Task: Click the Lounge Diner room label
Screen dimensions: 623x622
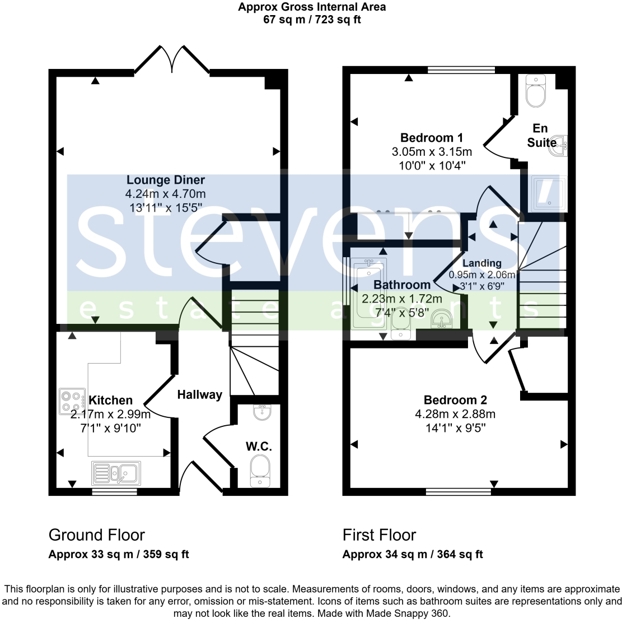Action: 165,180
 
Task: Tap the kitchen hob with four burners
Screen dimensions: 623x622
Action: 72,402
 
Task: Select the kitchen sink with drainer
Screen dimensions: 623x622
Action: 116,472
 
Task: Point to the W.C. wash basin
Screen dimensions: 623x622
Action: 261,412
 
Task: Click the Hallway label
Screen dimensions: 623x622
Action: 199,395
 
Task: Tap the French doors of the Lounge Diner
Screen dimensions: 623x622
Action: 172,59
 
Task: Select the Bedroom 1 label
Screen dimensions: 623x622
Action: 431,138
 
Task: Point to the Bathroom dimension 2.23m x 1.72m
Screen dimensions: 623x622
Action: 401,299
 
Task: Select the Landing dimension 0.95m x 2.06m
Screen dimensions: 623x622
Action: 482,275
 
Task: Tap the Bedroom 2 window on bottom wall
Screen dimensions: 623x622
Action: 458,492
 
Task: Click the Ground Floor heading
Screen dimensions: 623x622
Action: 97,535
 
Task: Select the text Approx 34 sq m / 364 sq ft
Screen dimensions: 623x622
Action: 412,555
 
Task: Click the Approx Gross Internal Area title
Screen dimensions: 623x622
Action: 312,7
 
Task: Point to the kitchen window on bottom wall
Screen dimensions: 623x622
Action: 114,492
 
